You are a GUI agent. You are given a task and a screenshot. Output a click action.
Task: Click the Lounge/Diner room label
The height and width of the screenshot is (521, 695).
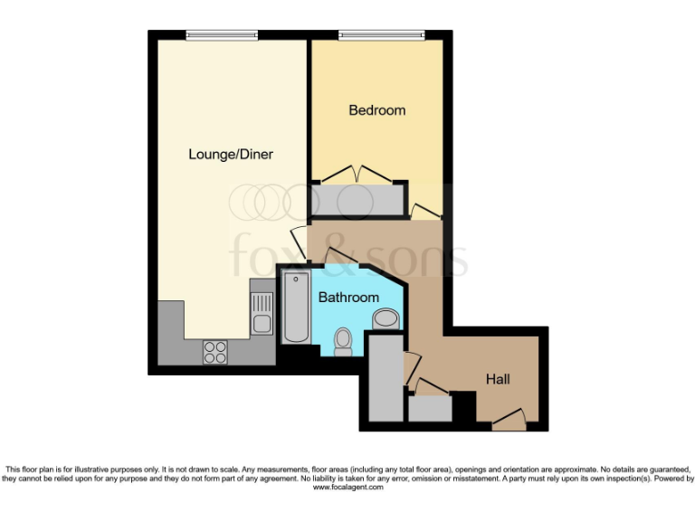231,155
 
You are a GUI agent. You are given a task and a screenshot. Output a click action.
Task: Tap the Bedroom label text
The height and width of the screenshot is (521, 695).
377,110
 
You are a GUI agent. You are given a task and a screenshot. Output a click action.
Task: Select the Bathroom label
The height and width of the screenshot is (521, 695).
348,298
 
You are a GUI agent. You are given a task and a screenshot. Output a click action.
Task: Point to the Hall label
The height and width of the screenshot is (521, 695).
498,379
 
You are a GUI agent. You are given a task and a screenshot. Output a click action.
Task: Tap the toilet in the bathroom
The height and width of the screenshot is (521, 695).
343,340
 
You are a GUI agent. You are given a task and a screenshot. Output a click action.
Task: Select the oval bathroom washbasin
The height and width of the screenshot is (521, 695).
386,318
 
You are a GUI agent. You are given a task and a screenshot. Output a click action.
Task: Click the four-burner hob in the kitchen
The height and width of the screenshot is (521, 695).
215,351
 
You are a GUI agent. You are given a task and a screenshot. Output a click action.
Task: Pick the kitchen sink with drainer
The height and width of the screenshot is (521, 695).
262,313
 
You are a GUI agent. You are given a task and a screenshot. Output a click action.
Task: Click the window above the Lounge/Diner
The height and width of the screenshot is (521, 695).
222,35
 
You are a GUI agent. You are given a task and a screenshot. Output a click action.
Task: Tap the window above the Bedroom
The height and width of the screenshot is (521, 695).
381,35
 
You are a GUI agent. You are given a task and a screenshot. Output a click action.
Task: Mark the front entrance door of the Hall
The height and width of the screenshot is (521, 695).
509,418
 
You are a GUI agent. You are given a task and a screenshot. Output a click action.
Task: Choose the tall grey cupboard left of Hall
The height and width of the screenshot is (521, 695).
386,376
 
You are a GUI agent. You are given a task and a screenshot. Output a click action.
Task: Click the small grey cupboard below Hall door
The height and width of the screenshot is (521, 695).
430,409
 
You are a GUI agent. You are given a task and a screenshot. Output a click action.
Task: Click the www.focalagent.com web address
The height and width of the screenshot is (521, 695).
348,488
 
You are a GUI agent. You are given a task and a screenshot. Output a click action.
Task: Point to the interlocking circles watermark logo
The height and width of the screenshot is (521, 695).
270,202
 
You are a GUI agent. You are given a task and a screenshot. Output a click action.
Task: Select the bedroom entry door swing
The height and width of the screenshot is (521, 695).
423,212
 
